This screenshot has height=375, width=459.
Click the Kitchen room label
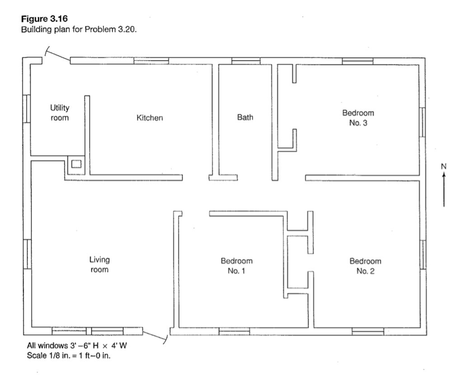pyautogui.click(x=150, y=118)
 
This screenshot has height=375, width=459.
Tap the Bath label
pyautogui.click(x=245, y=117)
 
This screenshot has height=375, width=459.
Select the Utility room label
pyautogui.click(x=60, y=113)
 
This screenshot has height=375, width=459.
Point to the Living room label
pyautogui.click(x=99, y=265)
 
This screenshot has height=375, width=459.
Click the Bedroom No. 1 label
pyautogui.click(x=236, y=266)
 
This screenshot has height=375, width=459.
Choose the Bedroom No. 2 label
pyautogui.click(x=365, y=266)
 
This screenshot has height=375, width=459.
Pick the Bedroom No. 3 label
pyautogui.click(x=358, y=118)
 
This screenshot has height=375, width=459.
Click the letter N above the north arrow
pyautogui.click(x=444, y=166)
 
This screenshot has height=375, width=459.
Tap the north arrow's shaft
pyautogui.click(x=444, y=190)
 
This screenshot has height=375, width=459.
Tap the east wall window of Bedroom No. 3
pyautogui.click(x=422, y=122)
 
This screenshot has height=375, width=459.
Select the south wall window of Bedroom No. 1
pyautogui.click(x=234, y=332)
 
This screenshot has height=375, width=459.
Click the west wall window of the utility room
pyautogui.click(x=26, y=108)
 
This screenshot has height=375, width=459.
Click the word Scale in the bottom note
pyautogui.click(x=37, y=355)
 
